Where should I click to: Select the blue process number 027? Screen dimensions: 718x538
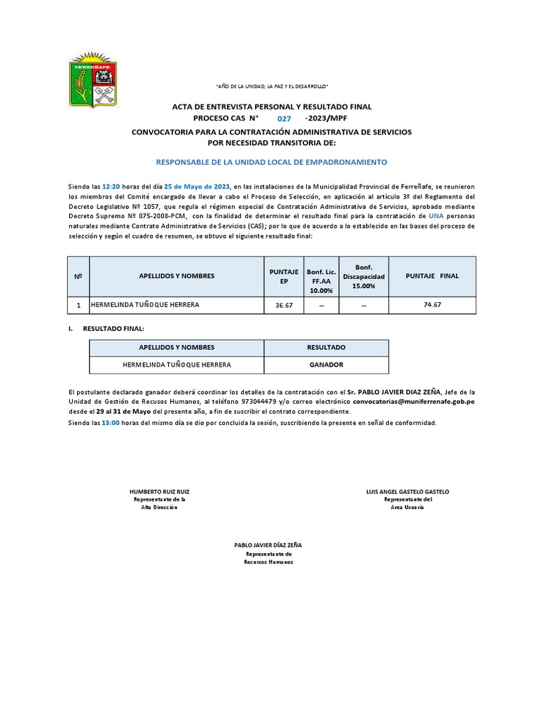(x=284, y=119)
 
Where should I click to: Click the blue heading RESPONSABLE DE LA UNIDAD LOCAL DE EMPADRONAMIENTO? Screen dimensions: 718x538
(x=270, y=162)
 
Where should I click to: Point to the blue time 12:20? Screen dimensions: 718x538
(x=111, y=187)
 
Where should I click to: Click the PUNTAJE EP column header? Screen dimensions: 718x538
(x=284, y=276)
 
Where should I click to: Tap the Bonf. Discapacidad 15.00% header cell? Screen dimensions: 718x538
(x=364, y=276)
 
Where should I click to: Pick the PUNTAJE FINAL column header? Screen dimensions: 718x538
(x=432, y=276)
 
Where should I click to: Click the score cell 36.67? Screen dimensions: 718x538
(x=284, y=306)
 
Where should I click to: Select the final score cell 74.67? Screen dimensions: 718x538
(x=432, y=306)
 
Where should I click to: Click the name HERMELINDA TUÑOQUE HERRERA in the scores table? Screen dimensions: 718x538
(x=145, y=305)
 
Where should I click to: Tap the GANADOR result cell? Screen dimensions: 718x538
(x=326, y=365)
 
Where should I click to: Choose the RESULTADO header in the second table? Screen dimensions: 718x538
(x=326, y=348)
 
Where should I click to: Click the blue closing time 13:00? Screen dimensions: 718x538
(x=111, y=423)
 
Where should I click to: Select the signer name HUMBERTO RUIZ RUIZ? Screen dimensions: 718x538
(x=160, y=492)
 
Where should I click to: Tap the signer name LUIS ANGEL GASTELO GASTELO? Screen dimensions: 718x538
(x=408, y=492)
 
